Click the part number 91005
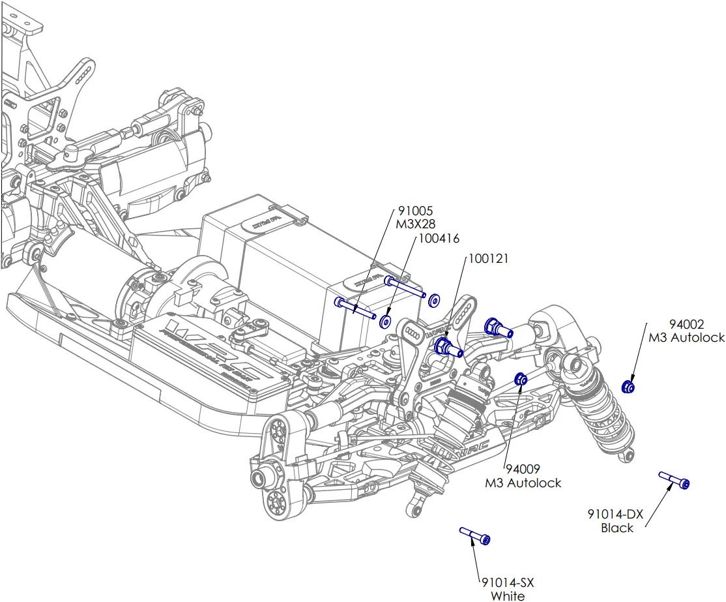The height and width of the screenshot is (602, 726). (x=415, y=211)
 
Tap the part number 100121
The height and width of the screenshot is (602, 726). (x=488, y=259)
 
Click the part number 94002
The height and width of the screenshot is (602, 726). (x=687, y=324)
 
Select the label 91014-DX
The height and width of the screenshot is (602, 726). (x=615, y=515)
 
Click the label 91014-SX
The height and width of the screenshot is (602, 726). (x=508, y=582)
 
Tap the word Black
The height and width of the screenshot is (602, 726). (x=617, y=528)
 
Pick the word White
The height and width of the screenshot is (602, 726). (x=508, y=595)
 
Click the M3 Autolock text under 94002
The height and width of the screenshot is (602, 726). (x=687, y=338)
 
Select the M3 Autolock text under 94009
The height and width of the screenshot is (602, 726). (x=523, y=483)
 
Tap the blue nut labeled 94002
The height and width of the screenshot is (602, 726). (x=628, y=387)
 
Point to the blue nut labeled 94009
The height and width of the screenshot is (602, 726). (x=521, y=379)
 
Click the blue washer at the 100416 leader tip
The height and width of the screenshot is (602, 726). (x=385, y=322)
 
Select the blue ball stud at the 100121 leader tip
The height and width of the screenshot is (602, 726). (x=448, y=347)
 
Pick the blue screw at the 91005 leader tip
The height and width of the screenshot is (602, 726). (x=355, y=307)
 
